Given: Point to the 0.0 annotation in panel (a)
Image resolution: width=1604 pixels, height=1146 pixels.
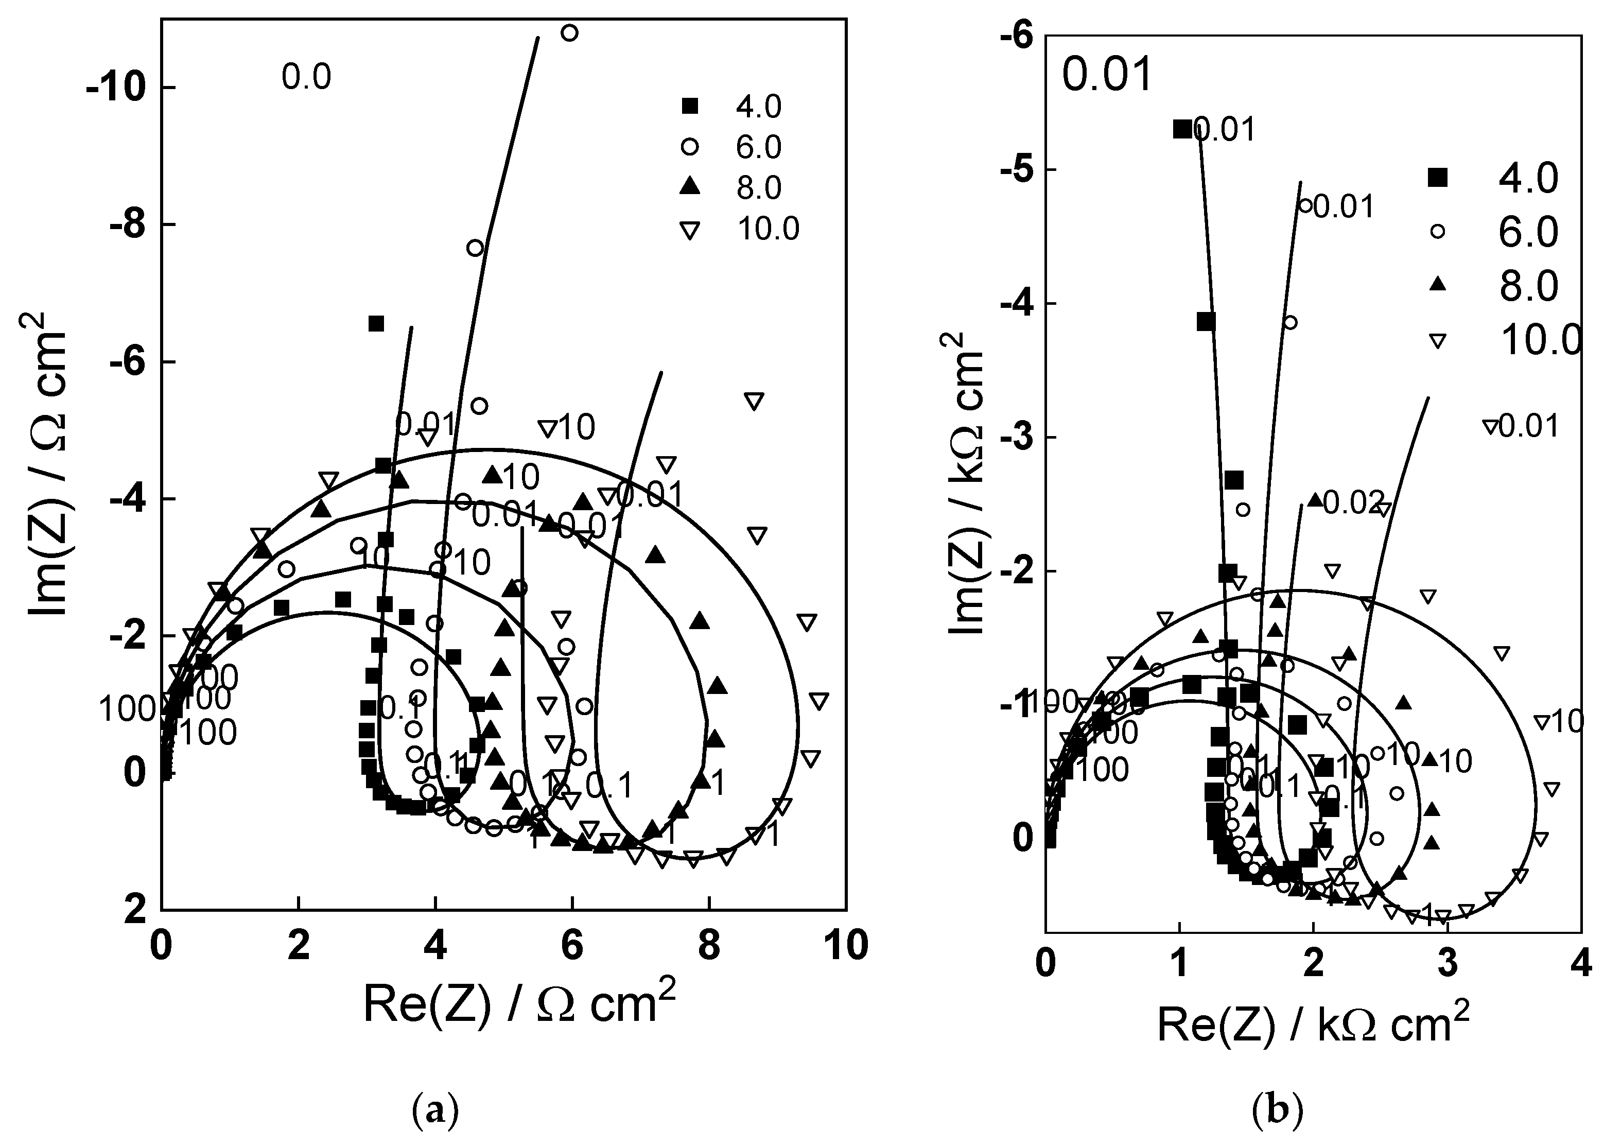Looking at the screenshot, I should tap(306, 76).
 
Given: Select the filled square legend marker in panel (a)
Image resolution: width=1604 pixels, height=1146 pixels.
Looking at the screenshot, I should tap(690, 107).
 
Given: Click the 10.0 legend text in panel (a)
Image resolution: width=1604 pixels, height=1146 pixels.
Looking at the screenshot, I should tap(768, 229).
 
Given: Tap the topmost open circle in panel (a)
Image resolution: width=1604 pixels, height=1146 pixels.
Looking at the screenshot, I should tap(569, 32).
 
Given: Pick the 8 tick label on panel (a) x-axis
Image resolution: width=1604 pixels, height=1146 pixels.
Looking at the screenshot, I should tap(708, 946).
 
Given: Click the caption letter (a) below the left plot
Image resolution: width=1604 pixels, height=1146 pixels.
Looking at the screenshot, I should tap(434, 1110).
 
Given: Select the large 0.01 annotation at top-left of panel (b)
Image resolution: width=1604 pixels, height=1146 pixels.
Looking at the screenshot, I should tap(1107, 74).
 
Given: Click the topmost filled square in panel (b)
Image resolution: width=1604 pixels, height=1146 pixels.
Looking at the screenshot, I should tap(1182, 129).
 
